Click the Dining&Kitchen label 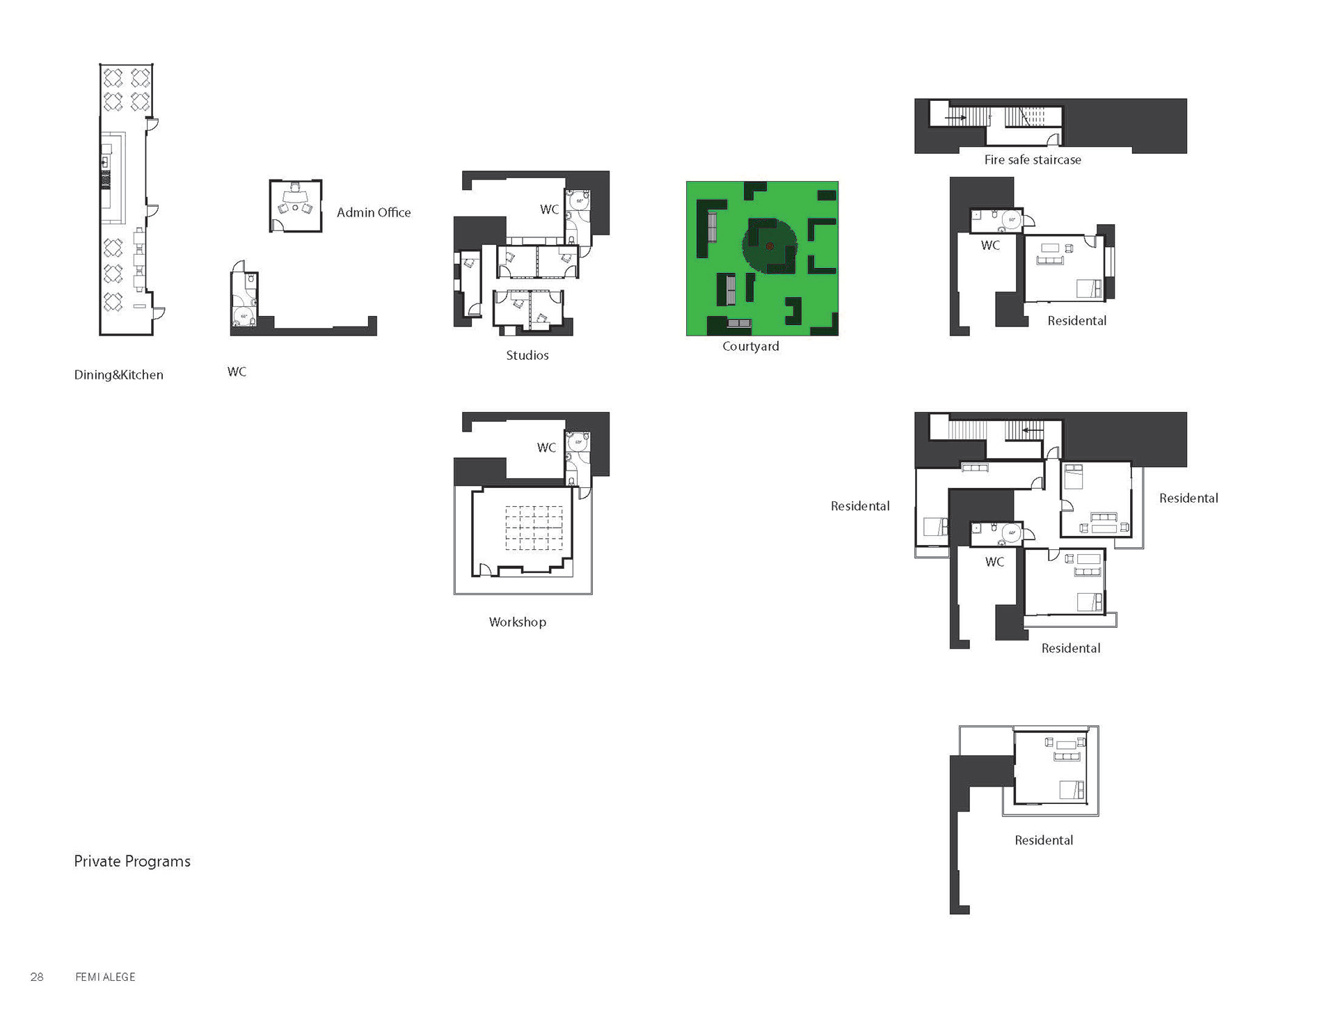(x=119, y=374)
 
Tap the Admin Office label (x=374, y=212)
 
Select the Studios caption (x=527, y=355)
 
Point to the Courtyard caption (x=751, y=346)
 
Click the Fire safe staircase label (x=1033, y=159)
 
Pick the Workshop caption (x=518, y=622)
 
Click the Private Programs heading (x=132, y=861)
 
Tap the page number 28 (x=37, y=977)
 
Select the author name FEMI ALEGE (x=105, y=977)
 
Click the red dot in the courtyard (x=770, y=246)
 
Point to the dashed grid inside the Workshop (x=534, y=528)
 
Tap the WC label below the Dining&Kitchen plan (x=237, y=372)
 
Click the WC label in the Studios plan (x=550, y=209)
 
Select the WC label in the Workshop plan (x=547, y=447)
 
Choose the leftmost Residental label (x=860, y=506)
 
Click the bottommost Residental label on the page (x=1044, y=840)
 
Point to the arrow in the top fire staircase (x=955, y=118)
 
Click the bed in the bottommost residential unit (x=1072, y=790)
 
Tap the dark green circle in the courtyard (x=770, y=246)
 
